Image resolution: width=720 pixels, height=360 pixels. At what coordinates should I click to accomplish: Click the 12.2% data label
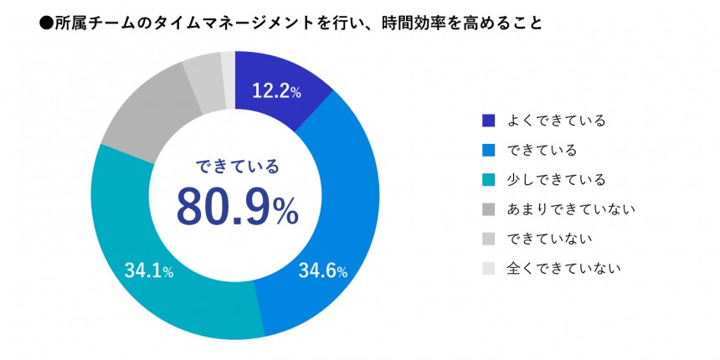point(278,91)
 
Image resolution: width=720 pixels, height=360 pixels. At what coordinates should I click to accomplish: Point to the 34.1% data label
point(149,270)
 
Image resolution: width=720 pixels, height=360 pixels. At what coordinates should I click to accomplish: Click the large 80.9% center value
point(236,207)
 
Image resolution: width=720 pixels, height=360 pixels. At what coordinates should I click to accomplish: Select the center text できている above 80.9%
point(236,165)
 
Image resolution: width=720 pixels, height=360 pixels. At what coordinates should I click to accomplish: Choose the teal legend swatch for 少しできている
point(490,179)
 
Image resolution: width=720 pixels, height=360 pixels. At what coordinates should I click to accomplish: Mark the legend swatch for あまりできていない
point(490,208)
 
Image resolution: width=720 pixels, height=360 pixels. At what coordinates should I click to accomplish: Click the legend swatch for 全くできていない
point(490,268)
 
